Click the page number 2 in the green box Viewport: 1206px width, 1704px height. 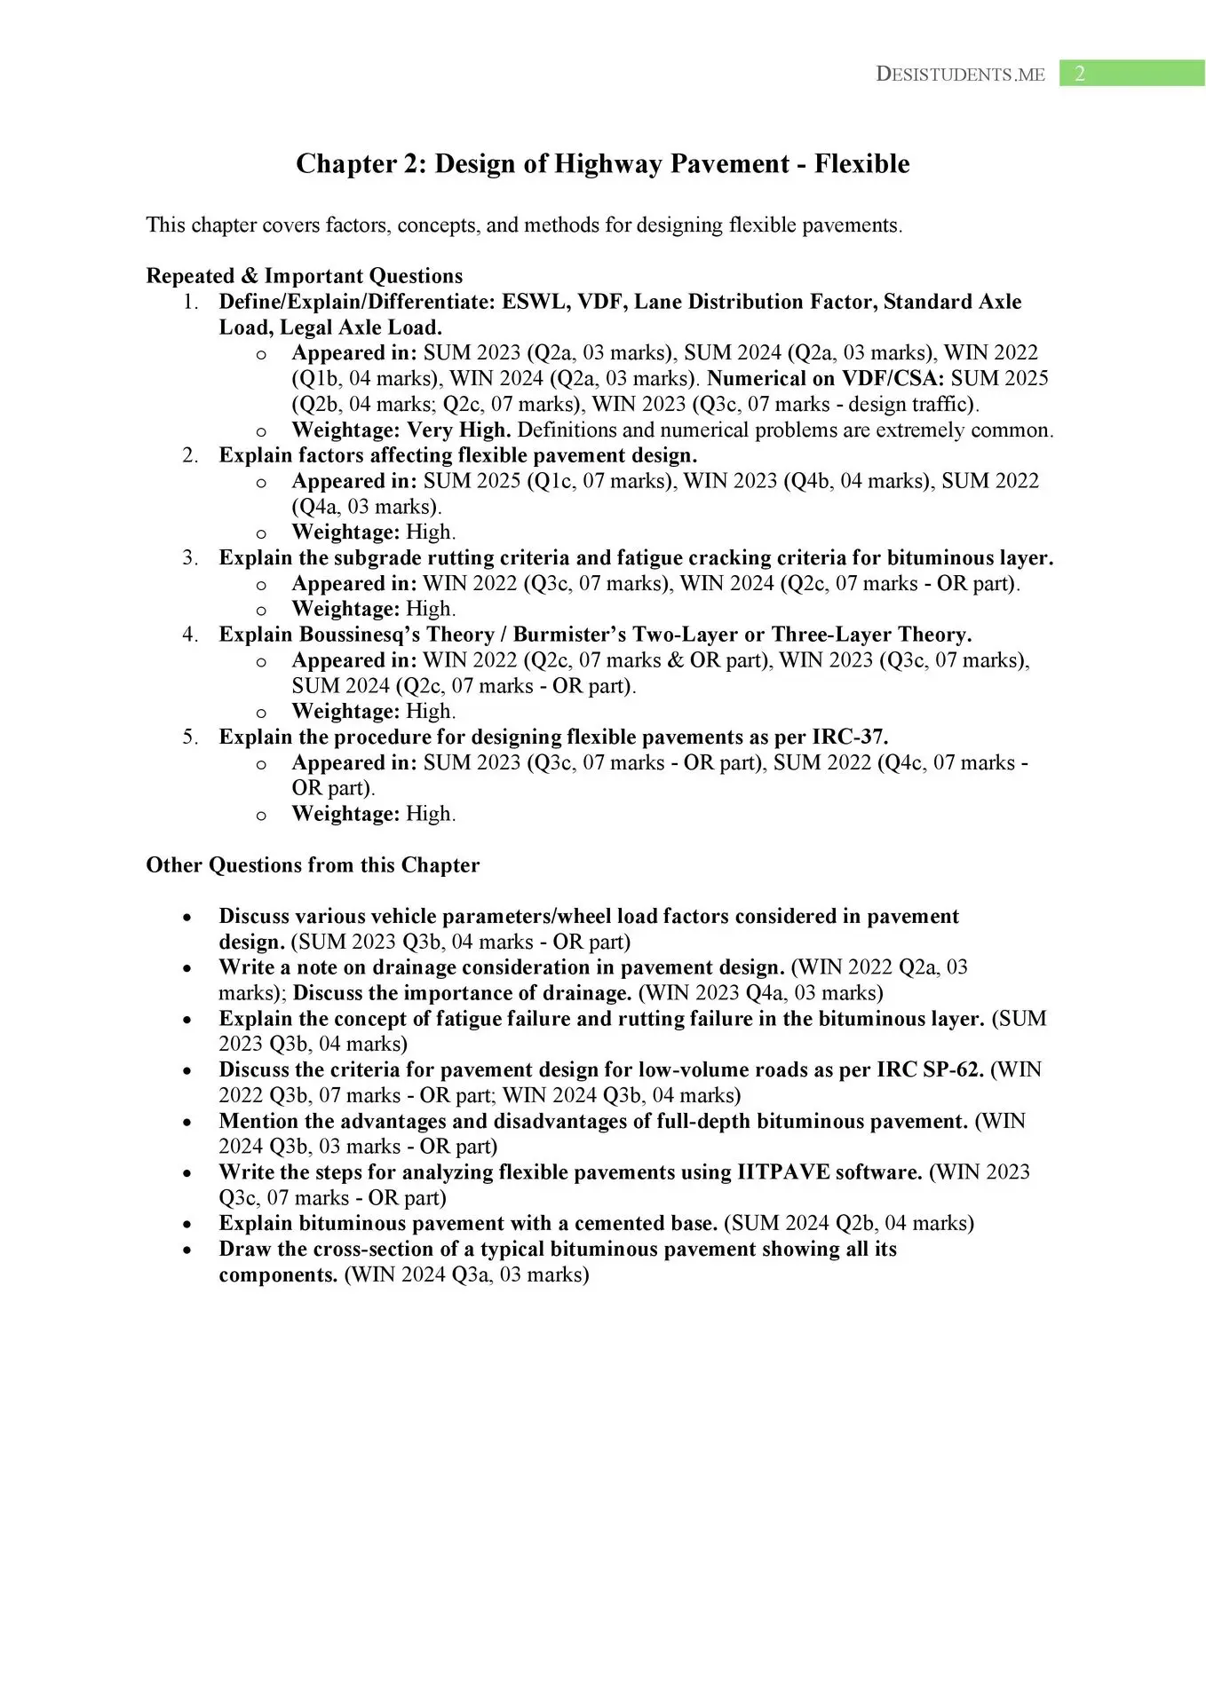[1079, 74]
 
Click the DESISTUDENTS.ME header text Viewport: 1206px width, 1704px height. [960, 75]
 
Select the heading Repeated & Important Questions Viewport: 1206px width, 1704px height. [304, 276]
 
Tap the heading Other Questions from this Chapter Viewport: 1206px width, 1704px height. [313, 865]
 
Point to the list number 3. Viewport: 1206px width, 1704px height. [190, 558]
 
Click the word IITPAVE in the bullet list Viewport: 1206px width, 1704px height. [783, 1172]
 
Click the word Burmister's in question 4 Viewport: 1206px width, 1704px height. [569, 635]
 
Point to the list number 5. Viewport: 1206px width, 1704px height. [190, 738]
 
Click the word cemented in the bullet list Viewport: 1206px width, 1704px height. [620, 1224]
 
